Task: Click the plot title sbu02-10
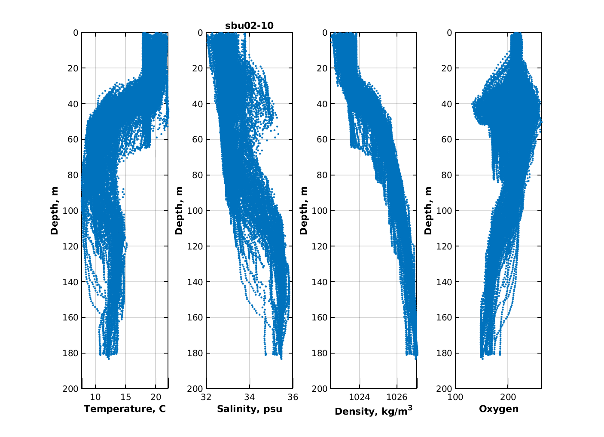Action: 249,26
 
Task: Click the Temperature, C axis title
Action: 125,409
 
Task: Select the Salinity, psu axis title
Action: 250,409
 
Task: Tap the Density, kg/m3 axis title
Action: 373,411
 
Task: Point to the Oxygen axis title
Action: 498,409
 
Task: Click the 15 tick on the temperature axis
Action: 125,397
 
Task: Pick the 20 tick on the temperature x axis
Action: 156,397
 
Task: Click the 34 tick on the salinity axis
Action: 250,397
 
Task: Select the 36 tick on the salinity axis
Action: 293,397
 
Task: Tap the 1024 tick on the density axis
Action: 360,397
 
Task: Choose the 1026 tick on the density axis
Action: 397,397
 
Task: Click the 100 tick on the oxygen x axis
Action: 455,397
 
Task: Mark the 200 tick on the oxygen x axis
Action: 508,397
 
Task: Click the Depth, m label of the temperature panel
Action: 55,210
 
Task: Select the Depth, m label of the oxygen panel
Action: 428,210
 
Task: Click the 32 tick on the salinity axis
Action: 207,397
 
